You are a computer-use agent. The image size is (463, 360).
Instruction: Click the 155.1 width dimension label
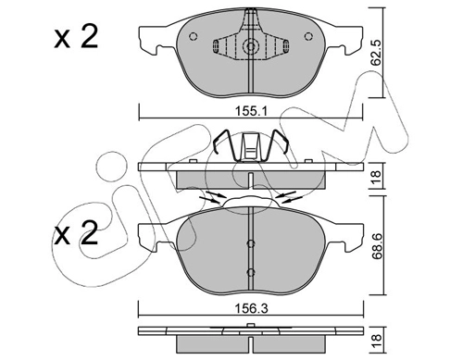click(251, 111)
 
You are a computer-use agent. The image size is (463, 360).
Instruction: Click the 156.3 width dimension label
click(251, 308)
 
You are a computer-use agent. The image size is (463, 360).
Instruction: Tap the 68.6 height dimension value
click(377, 247)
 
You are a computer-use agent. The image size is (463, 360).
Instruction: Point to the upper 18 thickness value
click(377, 177)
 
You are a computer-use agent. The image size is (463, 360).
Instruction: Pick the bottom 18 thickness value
click(377, 341)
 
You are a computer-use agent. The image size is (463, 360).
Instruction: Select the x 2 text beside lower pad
click(76, 232)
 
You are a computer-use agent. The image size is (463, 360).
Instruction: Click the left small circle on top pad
click(193, 36)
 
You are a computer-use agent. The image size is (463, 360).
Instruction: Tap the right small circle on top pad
click(308, 36)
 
